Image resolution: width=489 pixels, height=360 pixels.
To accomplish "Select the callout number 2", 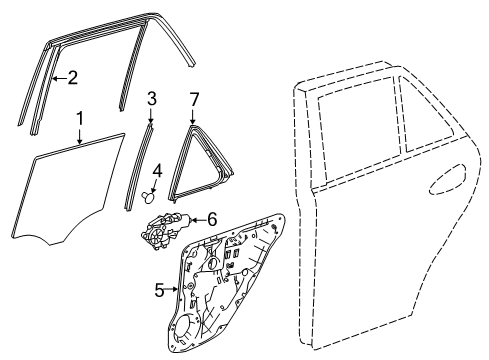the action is pyautogui.click(x=72, y=78).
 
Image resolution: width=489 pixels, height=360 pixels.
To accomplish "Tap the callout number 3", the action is pyautogui.click(x=152, y=99).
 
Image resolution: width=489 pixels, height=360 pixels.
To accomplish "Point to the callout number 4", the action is pyautogui.click(x=157, y=172).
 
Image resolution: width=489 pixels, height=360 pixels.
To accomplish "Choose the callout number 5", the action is pyautogui.click(x=160, y=290).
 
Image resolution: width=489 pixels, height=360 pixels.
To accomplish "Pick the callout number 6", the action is pyautogui.click(x=212, y=220).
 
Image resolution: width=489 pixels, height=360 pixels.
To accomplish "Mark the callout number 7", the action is pyautogui.click(x=194, y=99).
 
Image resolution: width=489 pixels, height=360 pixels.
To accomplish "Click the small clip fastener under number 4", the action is pyautogui.click(x=149, y=196).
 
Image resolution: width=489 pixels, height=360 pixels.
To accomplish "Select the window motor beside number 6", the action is pyautogui.click(x=165, y=230).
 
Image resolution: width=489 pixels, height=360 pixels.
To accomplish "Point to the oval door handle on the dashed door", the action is pyautogui.click(x=448, y=179).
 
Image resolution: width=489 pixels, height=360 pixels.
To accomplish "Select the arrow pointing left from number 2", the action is pyautogui.click(x=60, y=78).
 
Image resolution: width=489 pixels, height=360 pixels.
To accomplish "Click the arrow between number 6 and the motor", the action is pyautogui.click(x=199, y=220).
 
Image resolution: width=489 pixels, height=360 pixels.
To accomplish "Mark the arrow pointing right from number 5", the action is pyautogui.click(x=171, y=290).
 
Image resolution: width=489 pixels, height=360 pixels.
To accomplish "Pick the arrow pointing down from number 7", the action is pyautogui.click(x=193, y=116).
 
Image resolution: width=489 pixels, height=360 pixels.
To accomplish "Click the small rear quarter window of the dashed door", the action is pyautogui.click(x=427, y=115).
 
